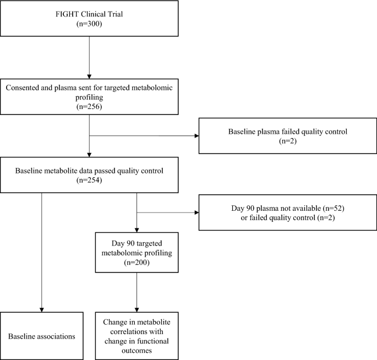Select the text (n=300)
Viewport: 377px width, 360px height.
pos(89,25)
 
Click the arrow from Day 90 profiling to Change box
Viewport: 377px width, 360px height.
pos(136,292)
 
